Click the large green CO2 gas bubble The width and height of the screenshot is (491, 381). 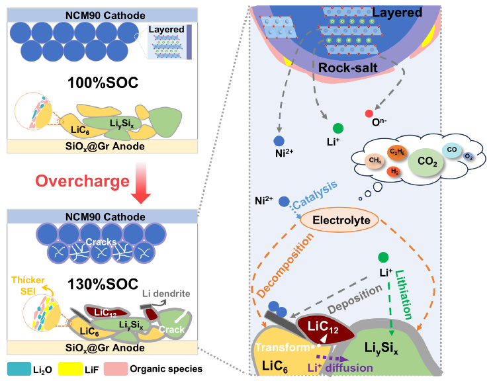426,162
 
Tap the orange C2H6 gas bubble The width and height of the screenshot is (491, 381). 397,152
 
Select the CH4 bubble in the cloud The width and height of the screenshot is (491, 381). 375,161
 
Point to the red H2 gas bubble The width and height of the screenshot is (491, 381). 394,171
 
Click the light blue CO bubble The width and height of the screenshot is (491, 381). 451,149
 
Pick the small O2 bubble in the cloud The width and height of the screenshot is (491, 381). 468,157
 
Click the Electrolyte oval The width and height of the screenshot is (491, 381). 339,220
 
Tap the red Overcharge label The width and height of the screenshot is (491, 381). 82,181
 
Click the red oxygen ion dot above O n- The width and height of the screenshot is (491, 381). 369,113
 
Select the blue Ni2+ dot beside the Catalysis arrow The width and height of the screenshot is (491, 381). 284,201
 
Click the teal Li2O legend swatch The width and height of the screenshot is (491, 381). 19,369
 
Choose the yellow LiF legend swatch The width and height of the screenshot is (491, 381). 70,369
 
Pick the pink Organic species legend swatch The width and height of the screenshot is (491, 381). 116,369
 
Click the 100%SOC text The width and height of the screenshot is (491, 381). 103,83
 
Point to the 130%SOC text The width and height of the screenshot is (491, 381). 103,284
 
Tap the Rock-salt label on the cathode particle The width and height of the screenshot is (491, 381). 348,68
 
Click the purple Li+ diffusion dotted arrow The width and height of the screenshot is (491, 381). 333,358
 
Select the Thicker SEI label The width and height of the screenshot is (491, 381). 28,286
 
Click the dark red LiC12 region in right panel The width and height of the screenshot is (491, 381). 325,329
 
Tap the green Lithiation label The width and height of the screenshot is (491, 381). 404,294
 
